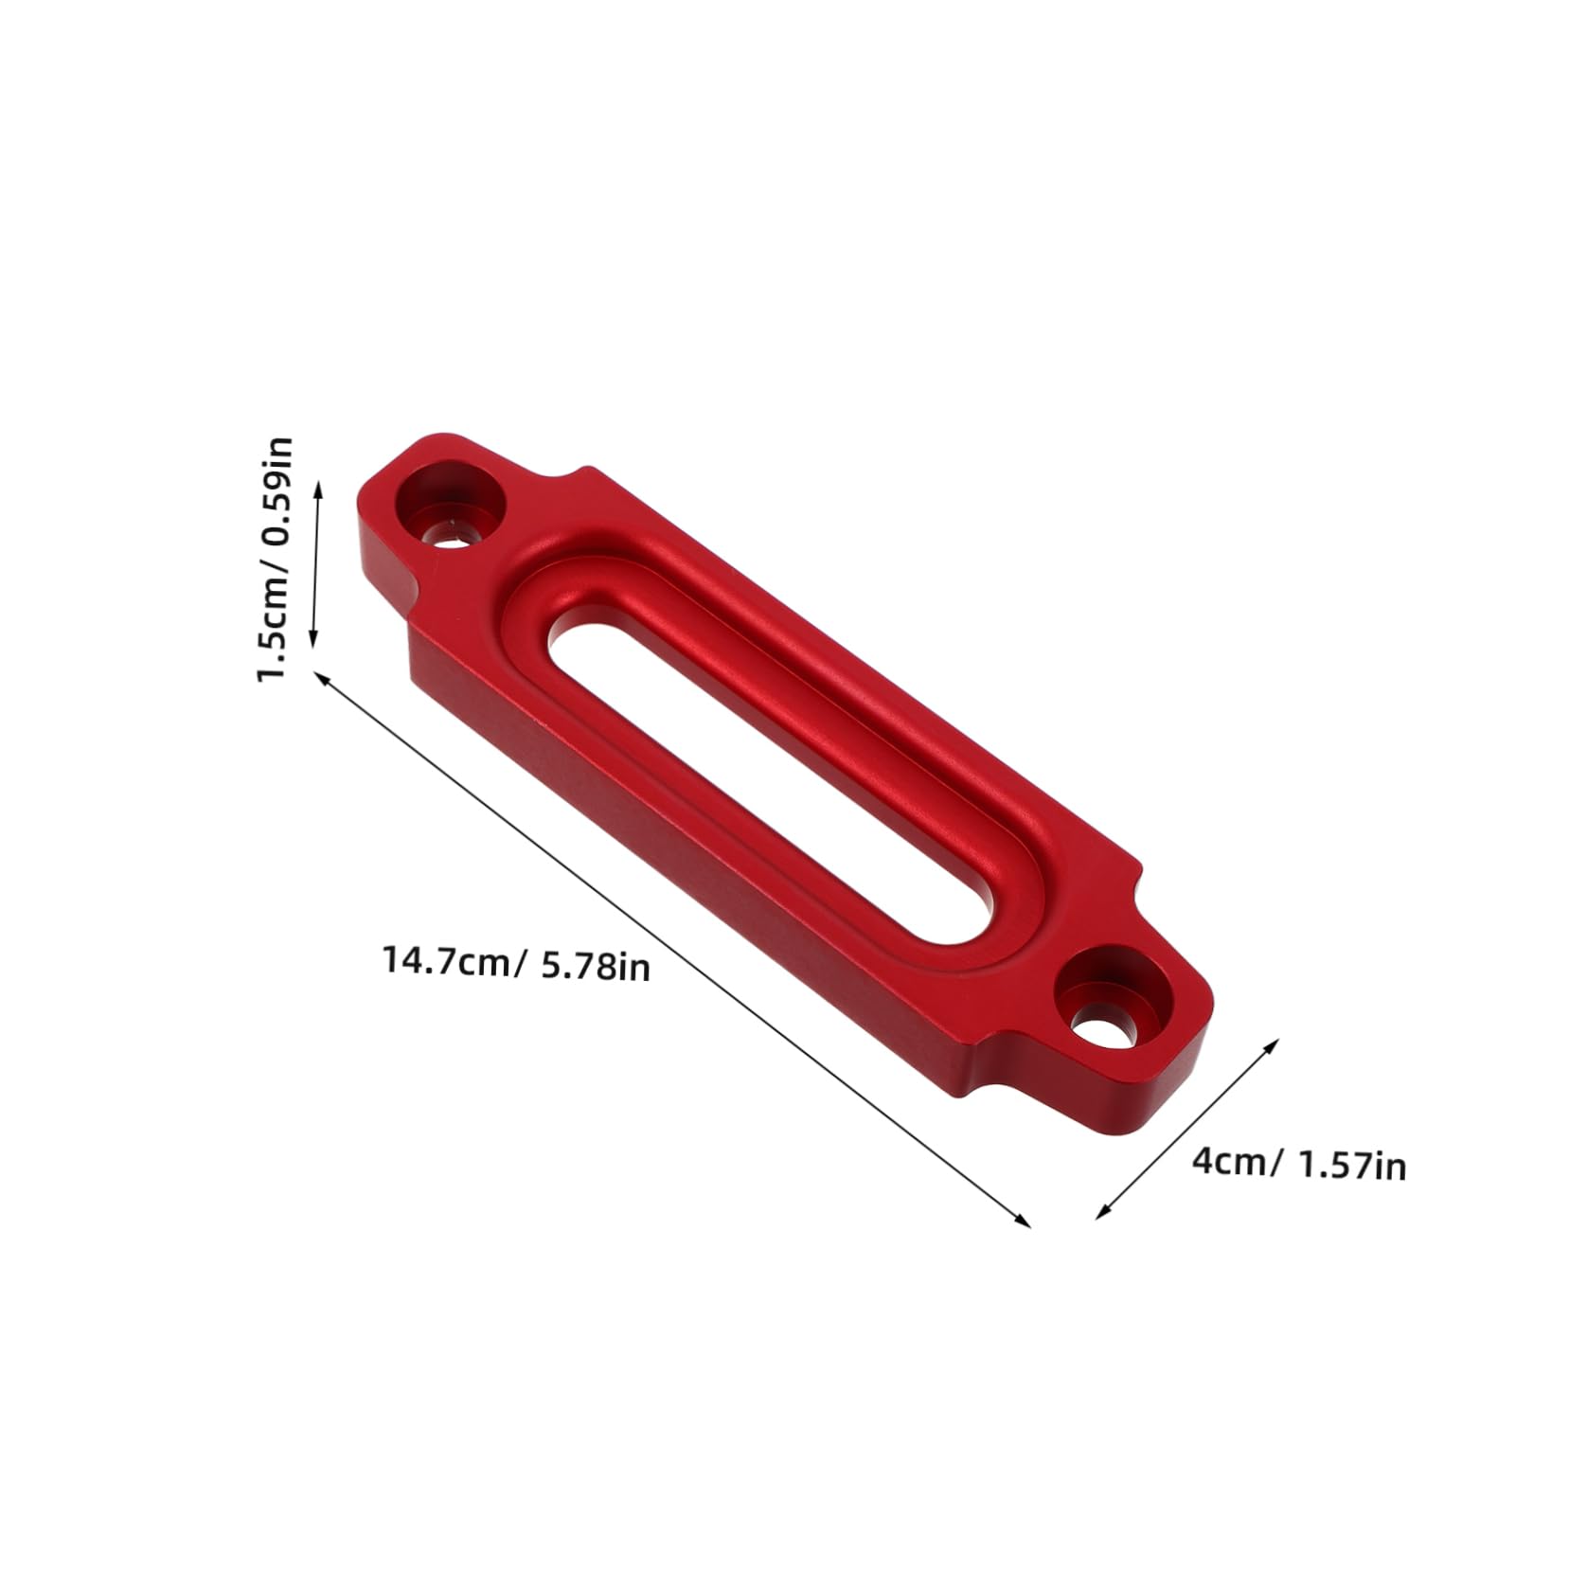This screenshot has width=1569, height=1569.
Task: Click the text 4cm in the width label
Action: click(x=1227, y=1161)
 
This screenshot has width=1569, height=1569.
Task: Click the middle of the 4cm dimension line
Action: click(x=1187, y=1129)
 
